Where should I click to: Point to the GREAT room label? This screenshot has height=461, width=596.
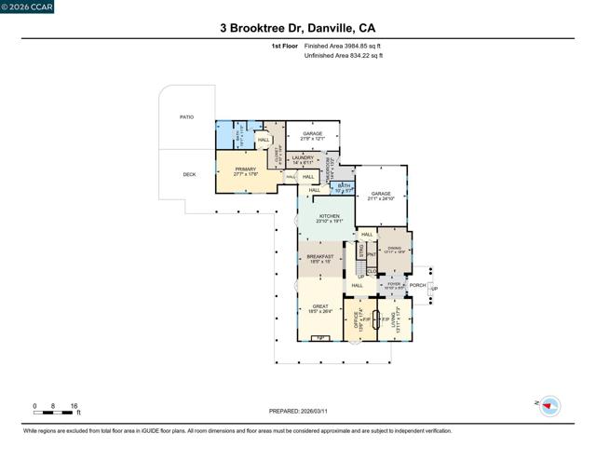click(x=319, y=306)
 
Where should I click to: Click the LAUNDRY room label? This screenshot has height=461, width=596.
click(x=303, y=158)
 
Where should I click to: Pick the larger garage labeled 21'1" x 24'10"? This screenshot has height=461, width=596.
click(x=381, y=194)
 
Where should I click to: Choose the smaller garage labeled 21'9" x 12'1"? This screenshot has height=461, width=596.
click(x=312, y=134)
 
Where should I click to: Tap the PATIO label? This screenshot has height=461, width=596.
click(x=186, y=117)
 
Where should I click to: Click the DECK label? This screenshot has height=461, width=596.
click(x=189, y=174)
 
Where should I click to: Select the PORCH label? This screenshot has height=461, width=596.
click(x=417, y=286)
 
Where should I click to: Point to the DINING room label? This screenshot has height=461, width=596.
click(x=395, y=248)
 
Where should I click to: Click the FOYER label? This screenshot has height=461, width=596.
click(x=392, y=286)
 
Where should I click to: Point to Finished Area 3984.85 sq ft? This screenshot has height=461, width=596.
click(x=343, y=45)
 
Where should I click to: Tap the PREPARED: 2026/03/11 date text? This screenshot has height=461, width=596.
click(x=297, y=411)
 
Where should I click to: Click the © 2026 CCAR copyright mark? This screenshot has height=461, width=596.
click(x=27, y=8)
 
